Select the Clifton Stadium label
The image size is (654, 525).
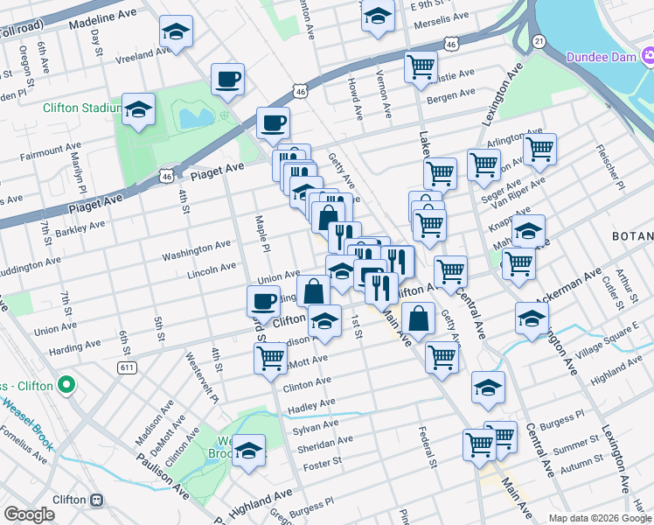click(x=81, y=108)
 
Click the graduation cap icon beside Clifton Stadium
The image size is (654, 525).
click(x=139, y=109)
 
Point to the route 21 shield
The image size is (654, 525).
click(x=539, y=41)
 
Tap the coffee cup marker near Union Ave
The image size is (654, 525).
click(x=263, y=302)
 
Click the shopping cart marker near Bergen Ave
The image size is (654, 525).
click(x=421, y=66)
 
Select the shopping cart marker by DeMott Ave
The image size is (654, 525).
click(x=271, y=357)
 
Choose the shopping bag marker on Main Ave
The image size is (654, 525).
click(x=420, y=319)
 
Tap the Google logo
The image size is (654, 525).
click(x=29, y=514)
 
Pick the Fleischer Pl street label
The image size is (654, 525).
click(x=609, y=169)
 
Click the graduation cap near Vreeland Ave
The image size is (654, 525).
click(x=176, y=34)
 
